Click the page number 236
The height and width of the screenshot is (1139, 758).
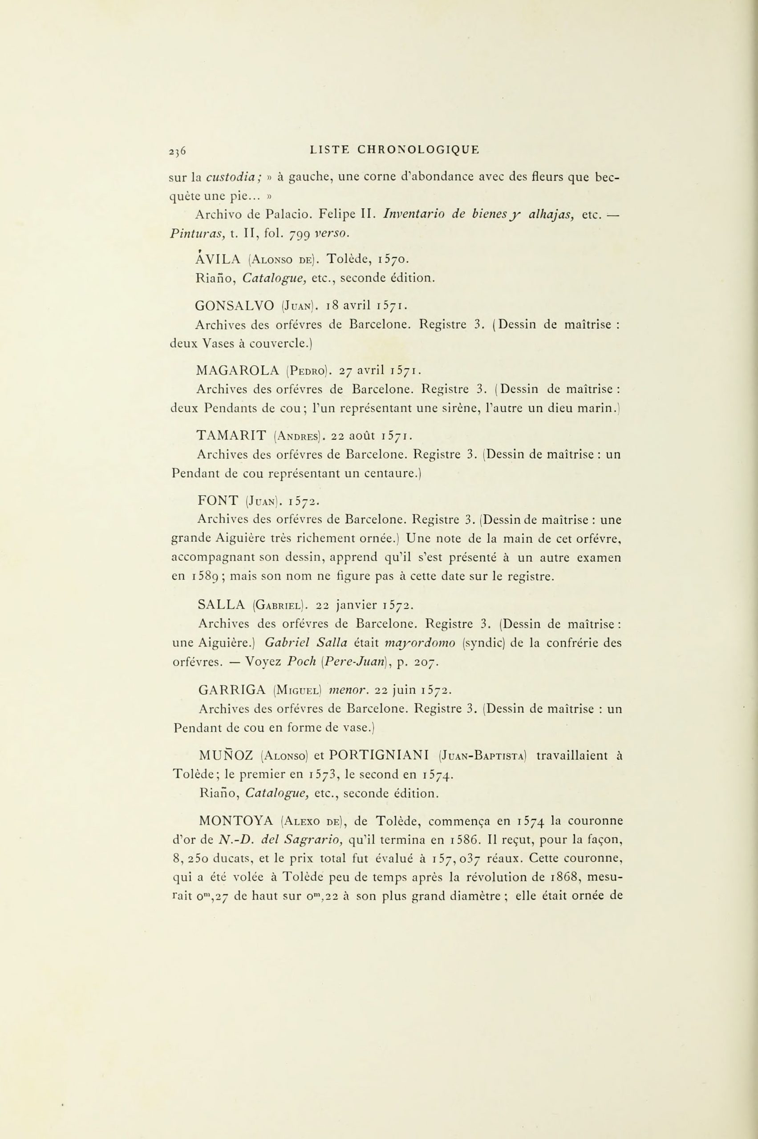pyautogui.click(x=178, y=151)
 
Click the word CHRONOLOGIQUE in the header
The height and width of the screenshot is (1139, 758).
pyautogui.click(x=418, y=149)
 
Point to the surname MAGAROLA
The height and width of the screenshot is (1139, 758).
pyautogui.click(x=238, y=371)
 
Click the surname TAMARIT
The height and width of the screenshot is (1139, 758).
pyautogui.click(x=231, y=436)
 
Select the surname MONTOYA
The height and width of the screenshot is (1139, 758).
pyautogui.click(x=236, y=820)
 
